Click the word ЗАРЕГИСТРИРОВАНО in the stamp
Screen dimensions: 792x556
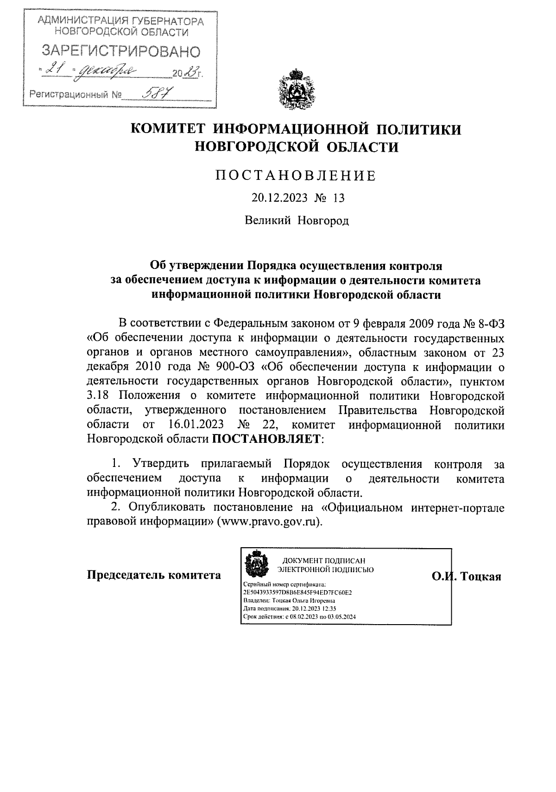(x=121, y=51)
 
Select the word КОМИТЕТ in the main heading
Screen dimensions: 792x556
(x=168, y=129)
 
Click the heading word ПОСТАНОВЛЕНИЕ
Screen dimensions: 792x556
(x=297, y=176)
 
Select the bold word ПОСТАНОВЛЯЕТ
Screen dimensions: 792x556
(x=267, y=439)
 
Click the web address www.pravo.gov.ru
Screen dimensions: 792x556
(x=271, y=521)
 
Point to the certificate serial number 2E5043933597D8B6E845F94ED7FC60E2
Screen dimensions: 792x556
(x=297, y=593)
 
